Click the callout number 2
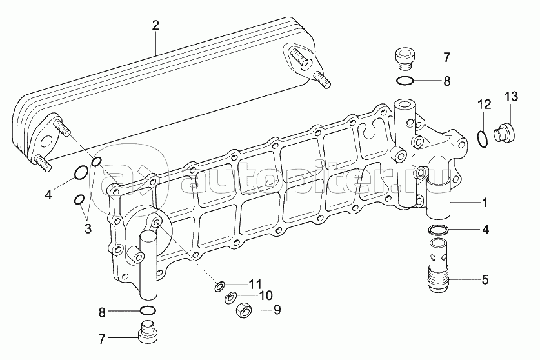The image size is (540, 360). click(x=155, y=26)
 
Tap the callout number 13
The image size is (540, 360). click(x=512, y=97)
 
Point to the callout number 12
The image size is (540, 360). click(x=484, y=105)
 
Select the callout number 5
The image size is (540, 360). click(x=485, y=280)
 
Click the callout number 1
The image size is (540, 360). click(x=485, y=203)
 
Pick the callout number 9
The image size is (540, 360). click(x=277, y=310)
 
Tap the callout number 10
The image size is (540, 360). click(x=266, y=295)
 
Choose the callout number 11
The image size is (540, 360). click(x=255, y=285)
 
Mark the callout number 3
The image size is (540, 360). click(x=88, y=228)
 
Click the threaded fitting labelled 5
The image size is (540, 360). click(x=439, y=266)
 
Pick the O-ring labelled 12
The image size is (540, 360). click(x=483, y=139)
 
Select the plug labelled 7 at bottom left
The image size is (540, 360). click(x=148, y=332)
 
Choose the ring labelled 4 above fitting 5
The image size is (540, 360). click(x=439, y=229)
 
